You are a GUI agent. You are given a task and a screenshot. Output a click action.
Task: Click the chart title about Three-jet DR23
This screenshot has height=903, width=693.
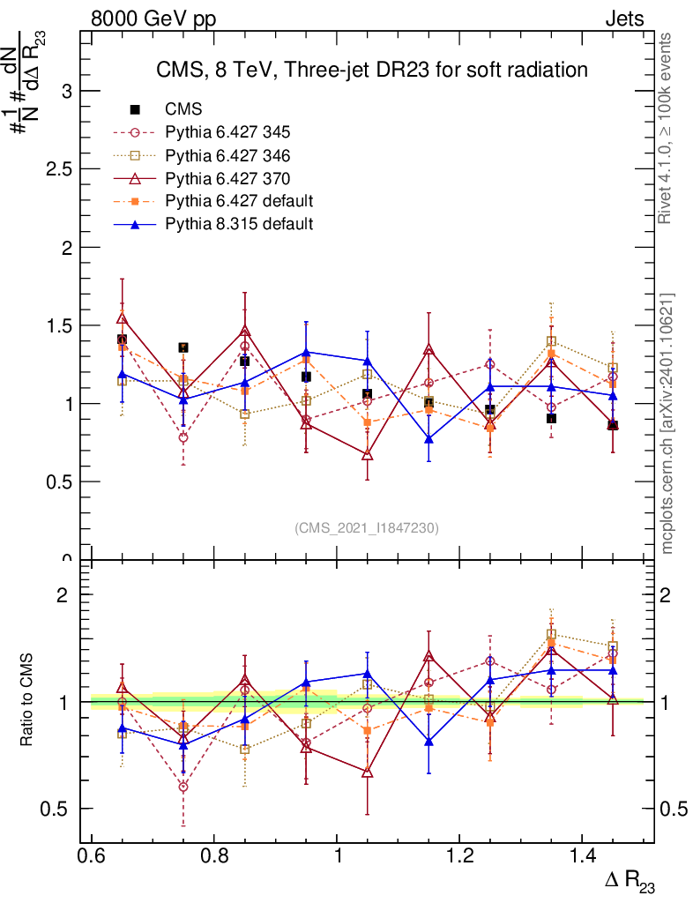(371, 69)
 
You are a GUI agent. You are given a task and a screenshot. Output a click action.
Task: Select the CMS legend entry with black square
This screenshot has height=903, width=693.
(183, 109)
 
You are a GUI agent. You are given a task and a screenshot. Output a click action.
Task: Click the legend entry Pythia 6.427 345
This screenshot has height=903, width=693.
(227, 132)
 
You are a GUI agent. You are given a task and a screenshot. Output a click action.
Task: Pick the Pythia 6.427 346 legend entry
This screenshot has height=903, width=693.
(227, 155)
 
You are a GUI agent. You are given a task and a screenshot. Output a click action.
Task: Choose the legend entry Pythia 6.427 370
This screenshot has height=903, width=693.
(227, 178)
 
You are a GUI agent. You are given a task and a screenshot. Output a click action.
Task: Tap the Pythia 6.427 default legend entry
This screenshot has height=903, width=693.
(239, 201)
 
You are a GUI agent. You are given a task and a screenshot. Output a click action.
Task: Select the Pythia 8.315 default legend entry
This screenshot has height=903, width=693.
(239, 224)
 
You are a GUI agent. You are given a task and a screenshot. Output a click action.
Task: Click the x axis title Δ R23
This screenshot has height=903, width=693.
(630, 881)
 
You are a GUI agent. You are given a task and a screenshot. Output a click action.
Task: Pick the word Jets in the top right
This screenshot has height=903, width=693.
(623, 19)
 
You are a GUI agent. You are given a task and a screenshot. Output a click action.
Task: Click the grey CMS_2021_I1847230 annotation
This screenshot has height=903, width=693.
(366, 527)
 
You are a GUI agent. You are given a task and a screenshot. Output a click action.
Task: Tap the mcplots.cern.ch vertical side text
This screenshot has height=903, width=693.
(667, 423)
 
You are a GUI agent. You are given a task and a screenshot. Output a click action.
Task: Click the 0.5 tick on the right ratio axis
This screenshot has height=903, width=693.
(674, 809)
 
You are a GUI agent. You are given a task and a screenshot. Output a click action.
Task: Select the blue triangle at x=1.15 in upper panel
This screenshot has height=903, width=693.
(429, 439)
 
